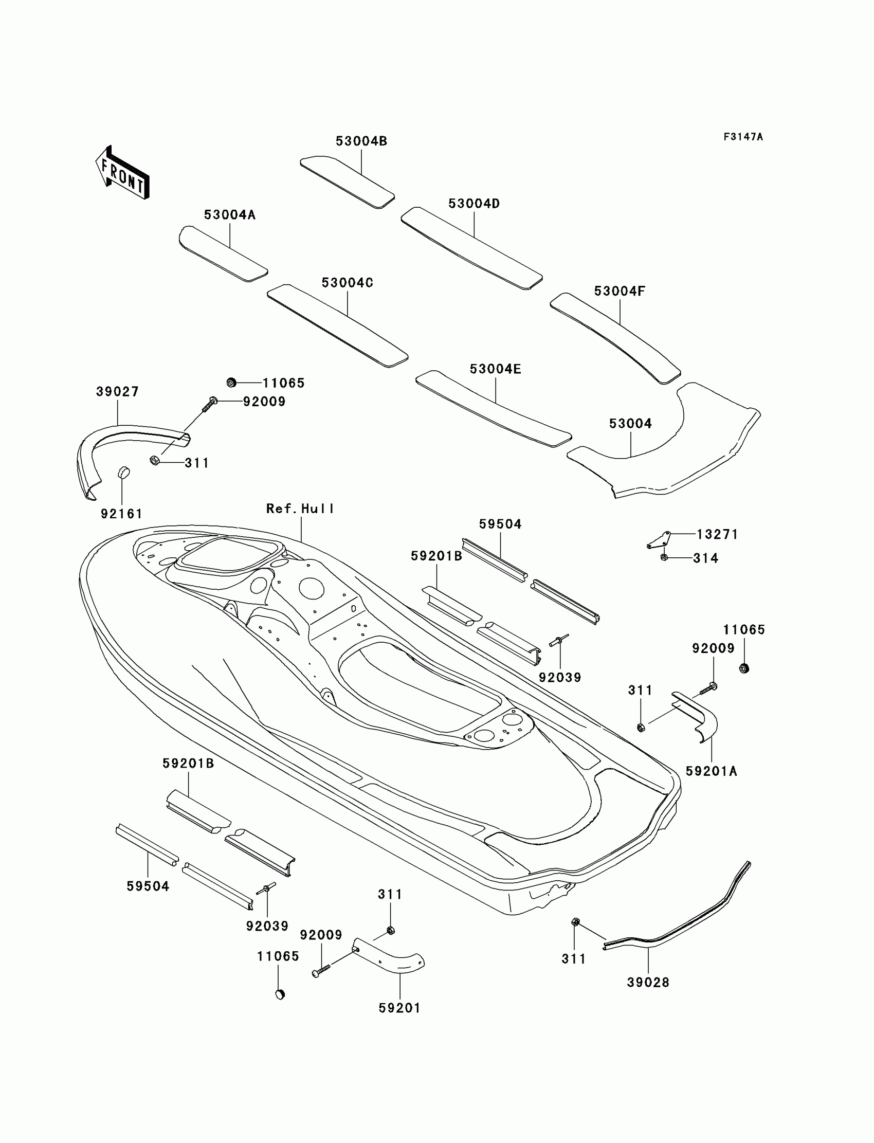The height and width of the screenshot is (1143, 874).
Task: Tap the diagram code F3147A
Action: (743, 137)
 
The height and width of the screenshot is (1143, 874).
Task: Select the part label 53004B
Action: (361, 141)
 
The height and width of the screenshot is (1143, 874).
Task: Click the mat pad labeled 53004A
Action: (223, 254)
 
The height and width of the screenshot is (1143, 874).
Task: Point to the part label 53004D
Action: (474, 204)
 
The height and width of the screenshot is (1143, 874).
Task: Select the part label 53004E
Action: (495, 369)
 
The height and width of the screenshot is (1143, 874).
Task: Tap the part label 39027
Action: (118, 392)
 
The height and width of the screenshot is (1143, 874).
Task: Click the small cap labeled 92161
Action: (124, 473)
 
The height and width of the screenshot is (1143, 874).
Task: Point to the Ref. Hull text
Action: (300, 509)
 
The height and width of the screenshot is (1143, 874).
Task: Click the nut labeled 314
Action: (664, 557)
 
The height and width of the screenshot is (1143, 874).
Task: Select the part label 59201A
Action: (711, 772)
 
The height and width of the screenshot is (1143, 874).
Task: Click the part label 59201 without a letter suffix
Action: (399, 1008)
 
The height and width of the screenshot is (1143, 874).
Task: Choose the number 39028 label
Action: (648, 982)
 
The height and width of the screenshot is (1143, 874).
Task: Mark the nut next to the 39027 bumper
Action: (154, 460)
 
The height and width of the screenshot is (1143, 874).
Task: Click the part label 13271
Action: (717, 534)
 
